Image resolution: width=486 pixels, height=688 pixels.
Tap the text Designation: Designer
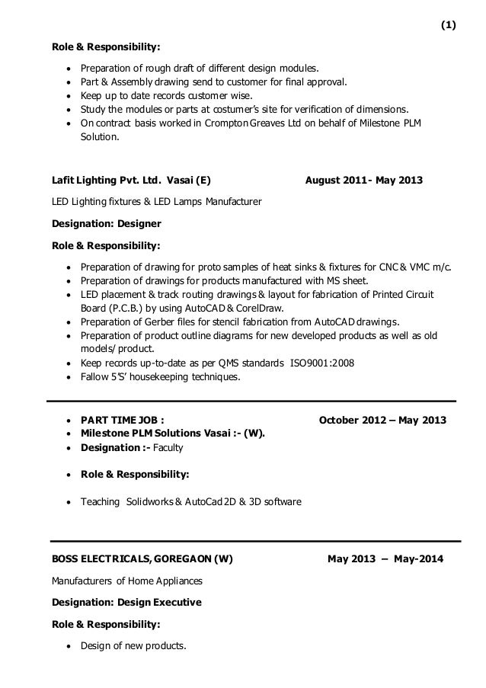tap(106, 225)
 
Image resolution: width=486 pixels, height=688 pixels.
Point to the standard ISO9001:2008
tap(321, 362)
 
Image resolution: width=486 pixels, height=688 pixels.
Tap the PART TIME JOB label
tap(121, 421)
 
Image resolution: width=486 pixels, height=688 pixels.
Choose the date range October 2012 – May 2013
tap(382, 421)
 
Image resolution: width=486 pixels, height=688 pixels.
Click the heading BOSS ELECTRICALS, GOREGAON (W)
tap(142, 558)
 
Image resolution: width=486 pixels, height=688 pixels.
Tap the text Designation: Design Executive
tap(126, 602)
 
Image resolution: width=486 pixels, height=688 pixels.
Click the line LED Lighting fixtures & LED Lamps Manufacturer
tap(156, 202)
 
